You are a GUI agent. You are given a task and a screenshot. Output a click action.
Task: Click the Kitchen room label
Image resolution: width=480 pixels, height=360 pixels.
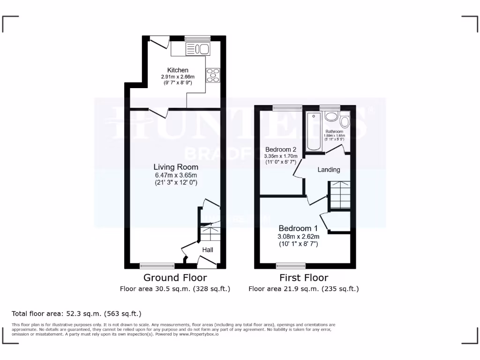click(178, 70)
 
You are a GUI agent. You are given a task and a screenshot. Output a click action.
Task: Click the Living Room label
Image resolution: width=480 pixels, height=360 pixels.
click(176, 167)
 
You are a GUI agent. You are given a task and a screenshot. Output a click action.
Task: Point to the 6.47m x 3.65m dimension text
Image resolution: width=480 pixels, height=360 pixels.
click(176, 175)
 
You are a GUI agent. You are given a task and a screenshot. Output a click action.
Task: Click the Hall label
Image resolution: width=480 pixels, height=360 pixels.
click(208, 250)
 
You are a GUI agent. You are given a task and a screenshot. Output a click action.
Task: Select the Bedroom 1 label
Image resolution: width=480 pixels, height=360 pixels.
click(298, 228)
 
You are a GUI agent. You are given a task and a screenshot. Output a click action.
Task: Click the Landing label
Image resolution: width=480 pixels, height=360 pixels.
click(329, 170)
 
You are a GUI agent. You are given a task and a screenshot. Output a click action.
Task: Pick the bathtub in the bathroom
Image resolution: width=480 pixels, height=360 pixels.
click(312, 131)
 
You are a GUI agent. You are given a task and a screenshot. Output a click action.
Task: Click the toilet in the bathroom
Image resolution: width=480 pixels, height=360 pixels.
click(345, 121)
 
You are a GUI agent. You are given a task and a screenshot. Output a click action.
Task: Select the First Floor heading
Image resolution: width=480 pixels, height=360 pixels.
click(304, 278)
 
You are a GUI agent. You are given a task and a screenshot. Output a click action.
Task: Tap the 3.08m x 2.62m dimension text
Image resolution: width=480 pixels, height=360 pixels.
click(298, 237)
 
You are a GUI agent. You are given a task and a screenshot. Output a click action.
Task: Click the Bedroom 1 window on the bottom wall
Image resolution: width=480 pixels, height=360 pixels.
click(291, 266)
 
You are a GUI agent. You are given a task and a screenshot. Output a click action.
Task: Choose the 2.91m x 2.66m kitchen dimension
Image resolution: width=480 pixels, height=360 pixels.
click(178, 77)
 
